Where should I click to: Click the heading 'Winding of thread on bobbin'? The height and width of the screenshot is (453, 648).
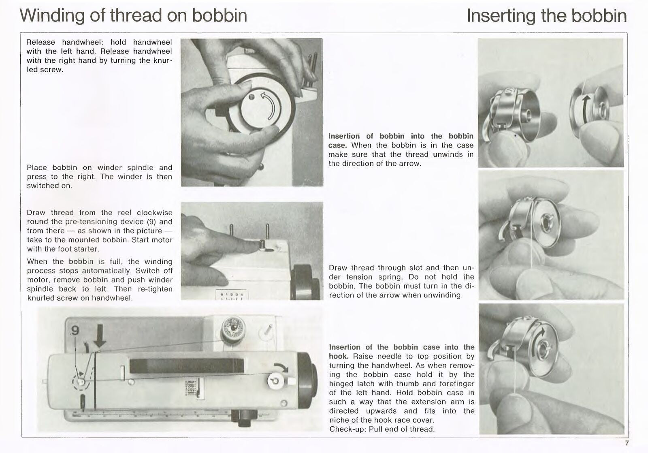click(x=133, y=15)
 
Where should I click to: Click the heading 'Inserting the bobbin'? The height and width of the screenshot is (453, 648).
click(x=546, y=15)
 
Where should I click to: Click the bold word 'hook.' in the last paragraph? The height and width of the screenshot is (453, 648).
click(x=339, y=356)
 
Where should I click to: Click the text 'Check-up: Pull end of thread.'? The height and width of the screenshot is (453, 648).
click(x=382, y=429)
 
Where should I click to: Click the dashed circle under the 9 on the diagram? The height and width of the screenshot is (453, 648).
click(x=81, y=381)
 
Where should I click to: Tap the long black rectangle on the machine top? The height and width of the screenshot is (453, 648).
click(x=186, y=366)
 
